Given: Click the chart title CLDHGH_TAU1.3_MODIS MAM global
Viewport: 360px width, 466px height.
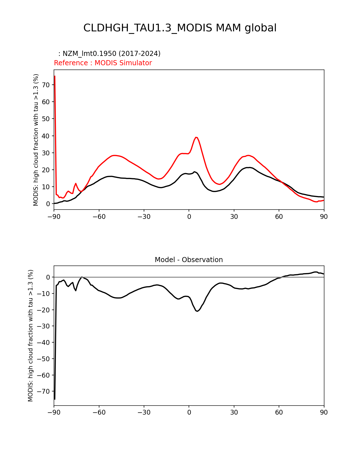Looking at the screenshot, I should pos(180,28).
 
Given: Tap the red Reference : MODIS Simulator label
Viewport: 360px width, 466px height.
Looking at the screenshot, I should pos(103,63).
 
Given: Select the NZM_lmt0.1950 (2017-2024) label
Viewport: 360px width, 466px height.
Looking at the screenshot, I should pos(109,54).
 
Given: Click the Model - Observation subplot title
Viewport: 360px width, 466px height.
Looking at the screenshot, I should pos(189,260).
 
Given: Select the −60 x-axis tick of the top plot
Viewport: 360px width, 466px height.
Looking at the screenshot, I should pos(99,217).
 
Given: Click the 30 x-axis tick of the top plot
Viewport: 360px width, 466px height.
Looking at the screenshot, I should pos(234,217).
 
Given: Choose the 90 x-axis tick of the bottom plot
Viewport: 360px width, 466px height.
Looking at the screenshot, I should pos(324,413).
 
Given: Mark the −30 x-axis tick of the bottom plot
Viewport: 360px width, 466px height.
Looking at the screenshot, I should pos(144,413).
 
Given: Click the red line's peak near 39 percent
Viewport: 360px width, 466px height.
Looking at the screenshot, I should pos(196,137).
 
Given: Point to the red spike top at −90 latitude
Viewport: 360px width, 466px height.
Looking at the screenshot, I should pos(54,76).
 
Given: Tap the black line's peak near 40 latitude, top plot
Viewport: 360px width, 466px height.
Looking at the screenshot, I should pos(248,167).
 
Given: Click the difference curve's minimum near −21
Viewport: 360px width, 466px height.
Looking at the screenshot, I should pos(197,311).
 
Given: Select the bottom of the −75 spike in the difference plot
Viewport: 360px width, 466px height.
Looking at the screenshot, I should pos(54,399).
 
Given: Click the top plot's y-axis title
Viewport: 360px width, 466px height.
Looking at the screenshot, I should pos(36,140).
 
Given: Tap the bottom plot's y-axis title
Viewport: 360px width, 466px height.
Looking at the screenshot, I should pos(30,336).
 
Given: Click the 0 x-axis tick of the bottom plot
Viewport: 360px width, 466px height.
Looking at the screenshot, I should pos(189,413).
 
